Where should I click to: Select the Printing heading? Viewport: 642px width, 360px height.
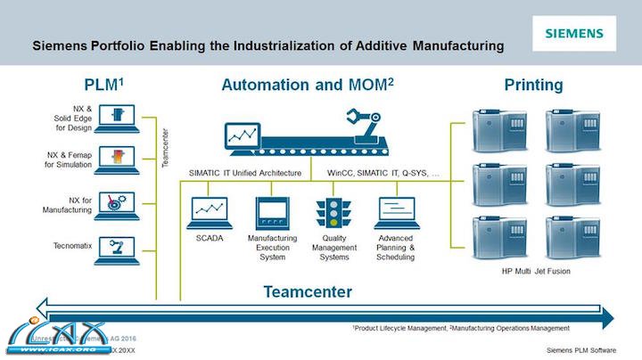[x=533, y=86]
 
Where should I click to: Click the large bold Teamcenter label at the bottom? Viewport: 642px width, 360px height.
[x=308, y=291]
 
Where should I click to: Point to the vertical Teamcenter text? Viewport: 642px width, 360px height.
[x=165, y=148]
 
